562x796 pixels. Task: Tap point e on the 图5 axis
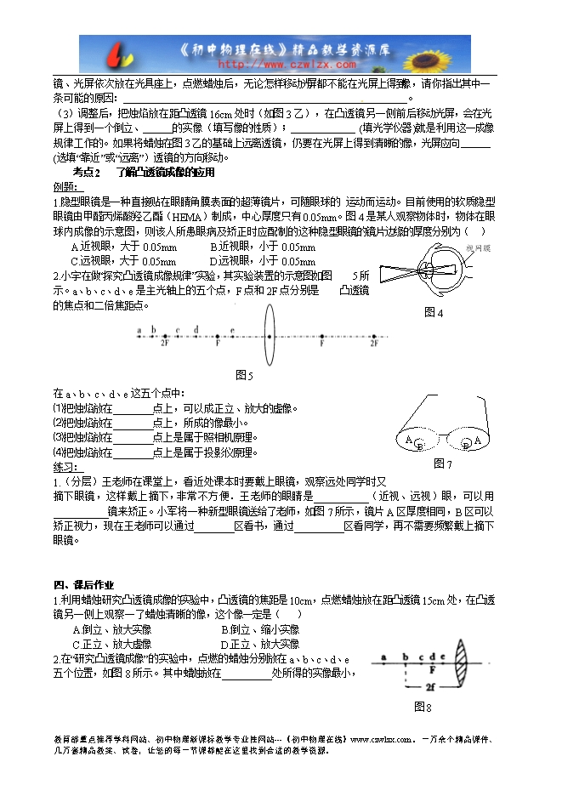tap(232, 330)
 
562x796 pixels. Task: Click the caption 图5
tap(244, 374)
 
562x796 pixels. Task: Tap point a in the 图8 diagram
tap(383, 657)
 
